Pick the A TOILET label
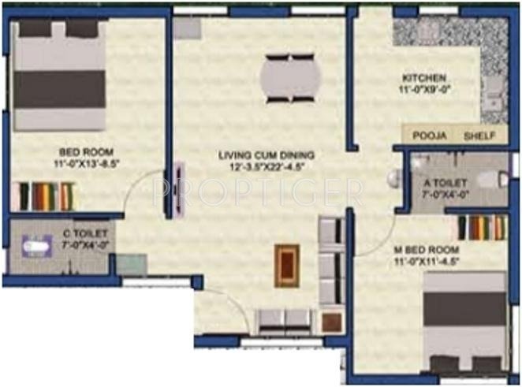tap(444, 182)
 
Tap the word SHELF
tap(479, 136)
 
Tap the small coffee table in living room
tap(286, 266)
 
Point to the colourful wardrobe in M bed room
tap(482, 227)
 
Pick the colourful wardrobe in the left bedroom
tap(46, 195)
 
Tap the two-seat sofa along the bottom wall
tap(285, 319)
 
